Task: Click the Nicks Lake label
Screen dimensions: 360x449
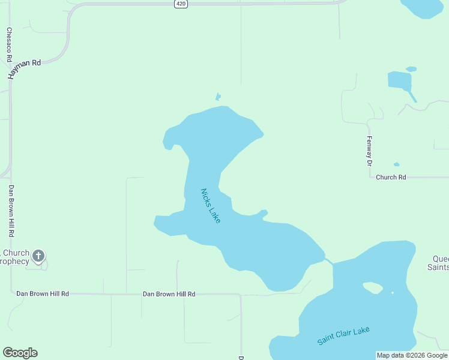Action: click(211, 206)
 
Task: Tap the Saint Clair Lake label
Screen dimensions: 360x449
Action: click(344, 335)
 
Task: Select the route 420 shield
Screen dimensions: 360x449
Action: click(181, 4)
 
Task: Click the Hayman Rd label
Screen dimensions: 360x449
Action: click(24, 69)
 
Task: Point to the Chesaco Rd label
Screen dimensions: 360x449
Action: click(10, 45)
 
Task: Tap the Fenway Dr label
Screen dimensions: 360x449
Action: click(370, 151)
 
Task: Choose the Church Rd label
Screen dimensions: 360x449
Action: click(391, 177)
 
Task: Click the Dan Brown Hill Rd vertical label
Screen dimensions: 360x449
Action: click(11, 210)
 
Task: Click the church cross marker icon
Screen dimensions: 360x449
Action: click(38, 256)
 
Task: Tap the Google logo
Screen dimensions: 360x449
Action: click(20, 353)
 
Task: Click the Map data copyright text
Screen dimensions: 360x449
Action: click(412, 356)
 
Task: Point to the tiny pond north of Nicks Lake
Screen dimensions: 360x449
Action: click(218, 97)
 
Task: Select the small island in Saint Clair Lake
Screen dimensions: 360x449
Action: click(373, 288)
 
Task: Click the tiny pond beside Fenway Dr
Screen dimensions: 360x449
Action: click(396, 164)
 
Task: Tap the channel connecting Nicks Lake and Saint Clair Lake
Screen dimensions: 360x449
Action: click(329, 261)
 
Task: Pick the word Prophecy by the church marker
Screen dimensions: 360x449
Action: click(14, 261)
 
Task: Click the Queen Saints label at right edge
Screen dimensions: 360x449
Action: click(440, 263)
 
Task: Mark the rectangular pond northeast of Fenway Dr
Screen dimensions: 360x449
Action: click(399, 80)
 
